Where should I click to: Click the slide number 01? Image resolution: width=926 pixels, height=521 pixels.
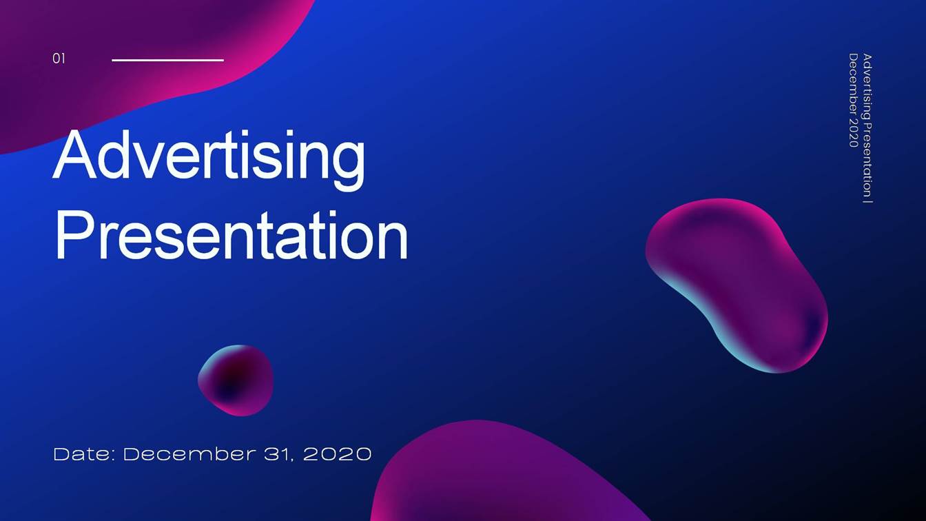click(x=59, y=59)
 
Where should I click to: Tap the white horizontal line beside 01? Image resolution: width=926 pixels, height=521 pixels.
click(x=167, y=60)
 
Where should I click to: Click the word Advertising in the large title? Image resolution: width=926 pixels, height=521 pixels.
click(x=209, y=157)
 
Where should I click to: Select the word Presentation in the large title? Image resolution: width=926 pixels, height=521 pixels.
click(x=231, y=236)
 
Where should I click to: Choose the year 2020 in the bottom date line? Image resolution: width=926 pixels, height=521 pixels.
click(x=338, y=454)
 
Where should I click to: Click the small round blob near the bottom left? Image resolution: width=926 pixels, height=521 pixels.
click(x=236, y=380)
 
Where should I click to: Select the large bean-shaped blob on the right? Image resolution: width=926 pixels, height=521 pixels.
click(x=737, y=283)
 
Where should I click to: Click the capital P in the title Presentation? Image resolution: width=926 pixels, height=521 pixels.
click(x=72, y=236)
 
